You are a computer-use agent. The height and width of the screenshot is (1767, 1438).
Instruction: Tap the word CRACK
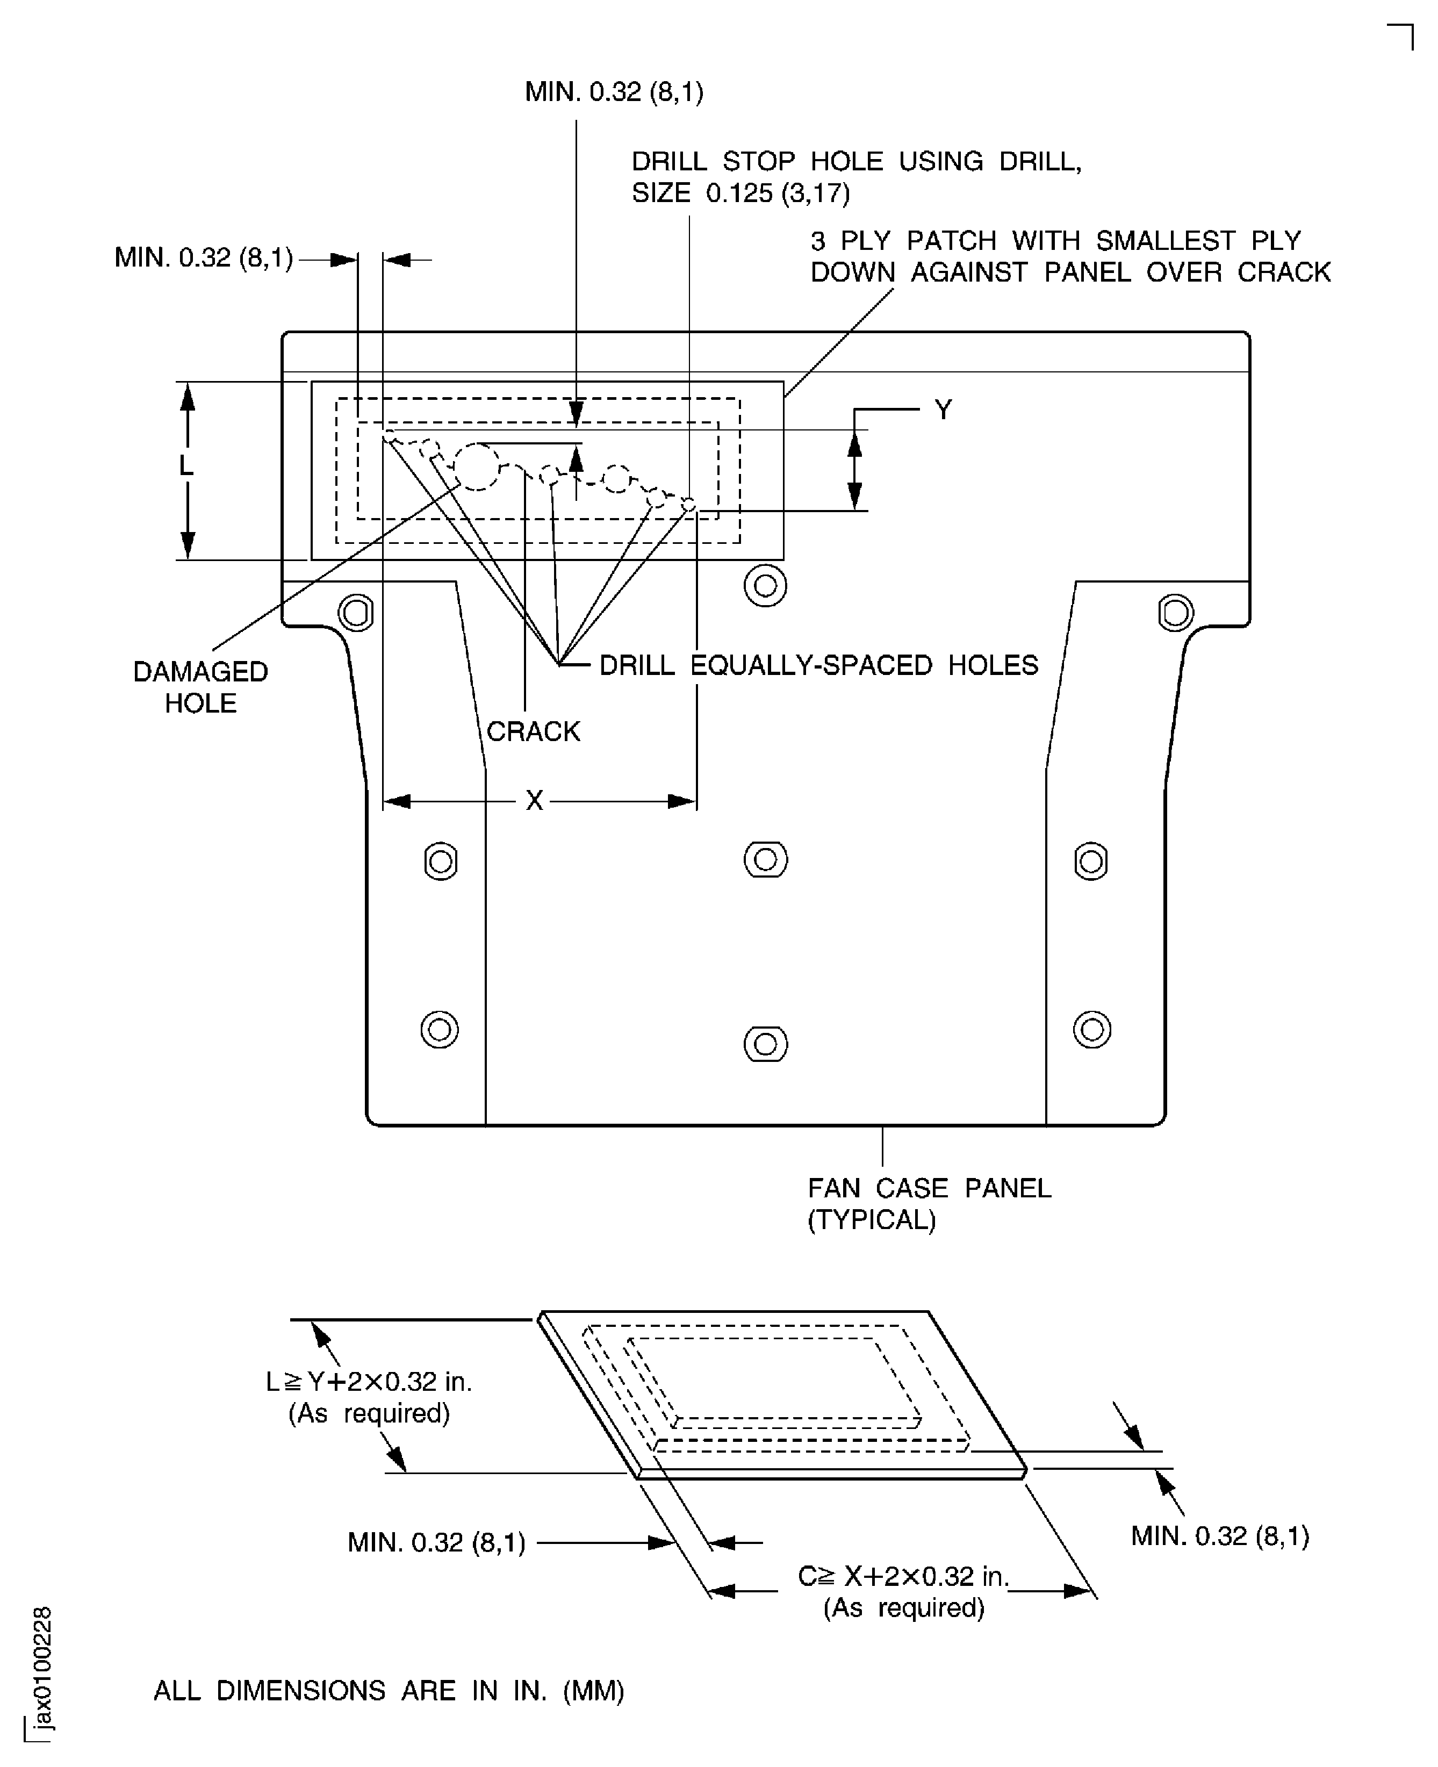point(533,731)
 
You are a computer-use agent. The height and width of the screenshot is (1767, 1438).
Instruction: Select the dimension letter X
point(534,800)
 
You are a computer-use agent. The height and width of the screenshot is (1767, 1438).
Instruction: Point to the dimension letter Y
point(943,409)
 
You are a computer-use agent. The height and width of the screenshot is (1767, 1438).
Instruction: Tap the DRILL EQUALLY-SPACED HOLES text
point(817,665)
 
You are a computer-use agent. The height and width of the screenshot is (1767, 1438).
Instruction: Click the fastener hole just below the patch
point(765,586)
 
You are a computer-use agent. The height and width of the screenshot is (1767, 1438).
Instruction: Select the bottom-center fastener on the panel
point(765,1044)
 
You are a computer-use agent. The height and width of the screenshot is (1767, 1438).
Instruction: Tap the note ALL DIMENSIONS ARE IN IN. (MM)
point(389,1690)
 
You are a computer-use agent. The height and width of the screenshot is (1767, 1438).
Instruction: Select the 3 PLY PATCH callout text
point(1069,256)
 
